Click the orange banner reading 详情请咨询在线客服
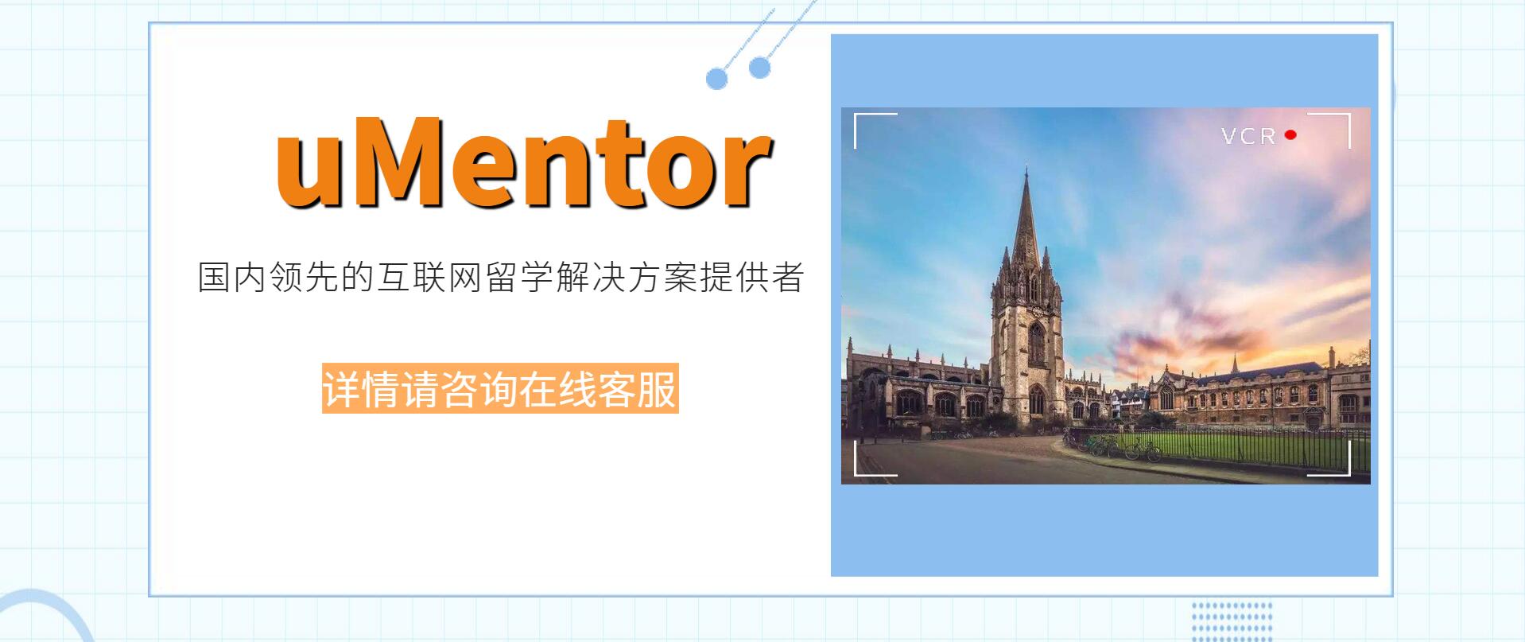tap(500, 388)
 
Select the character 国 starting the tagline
tap(213, 277)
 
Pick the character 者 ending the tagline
tap(786, 277)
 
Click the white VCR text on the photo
tap(1248, 136)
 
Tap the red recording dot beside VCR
tap(1290, 135)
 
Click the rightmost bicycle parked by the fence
tap(1143, 451)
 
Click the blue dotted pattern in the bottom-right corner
tap(1232, 621)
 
